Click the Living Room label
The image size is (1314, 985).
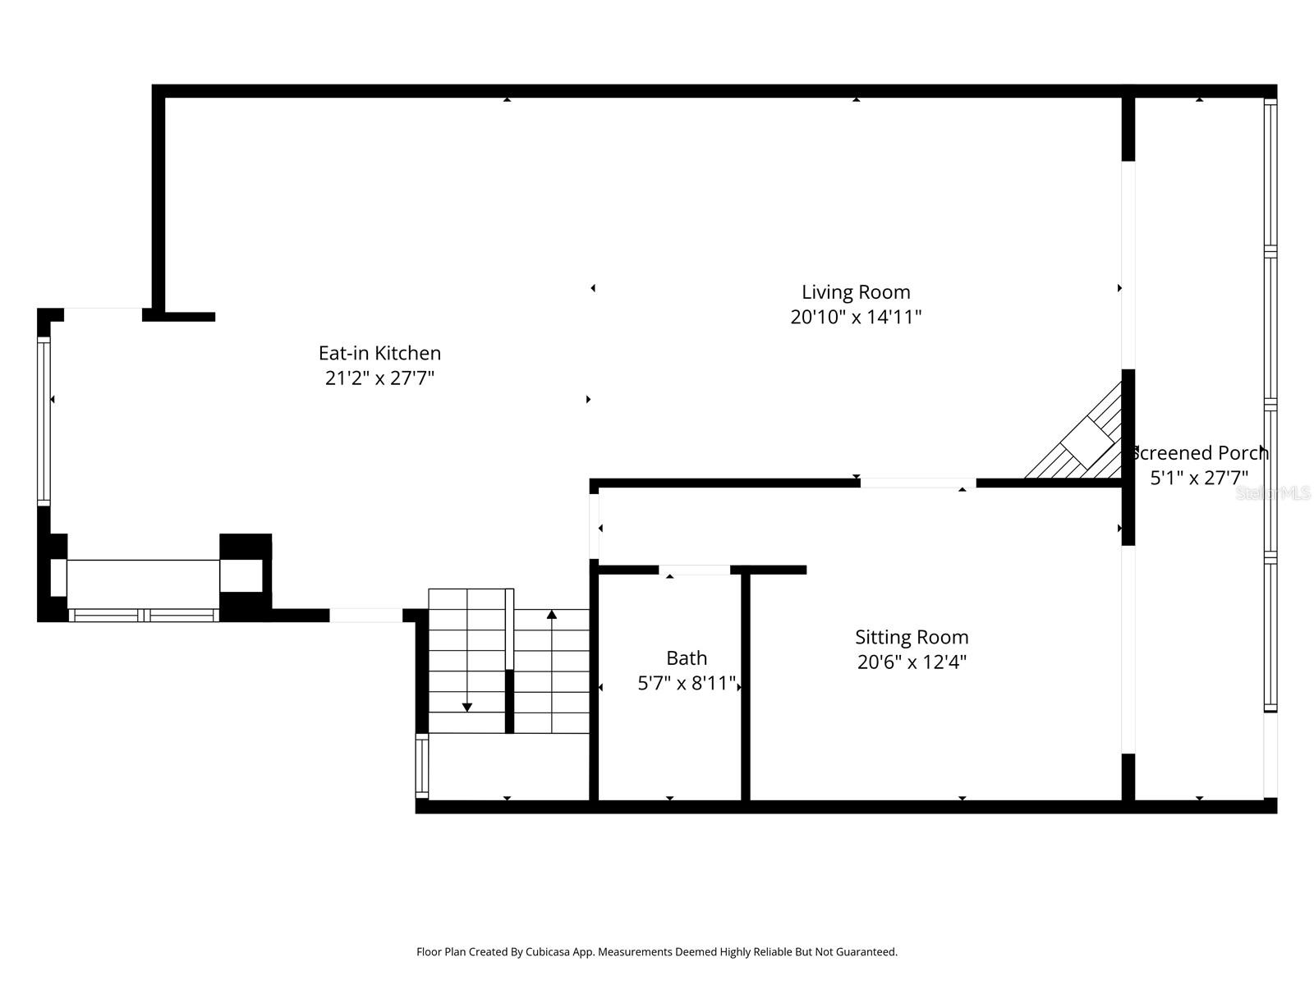pos(856,292)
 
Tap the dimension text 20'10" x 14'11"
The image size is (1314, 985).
pos(856,318)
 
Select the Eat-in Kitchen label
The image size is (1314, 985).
pos(379,353)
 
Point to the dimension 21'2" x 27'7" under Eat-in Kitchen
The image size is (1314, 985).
pos(379,378)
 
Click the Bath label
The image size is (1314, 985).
pos(687,658)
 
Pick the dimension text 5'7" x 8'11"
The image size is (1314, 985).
pos(687,684)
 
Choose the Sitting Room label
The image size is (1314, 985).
pos(912,637)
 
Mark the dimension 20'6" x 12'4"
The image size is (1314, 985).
pos(912,662)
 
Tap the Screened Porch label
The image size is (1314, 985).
pos(1199,453)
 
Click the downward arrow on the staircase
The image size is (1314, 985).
pos(467,706)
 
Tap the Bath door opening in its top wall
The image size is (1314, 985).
pos(694,570)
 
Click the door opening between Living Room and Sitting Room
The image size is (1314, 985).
pos(917,483)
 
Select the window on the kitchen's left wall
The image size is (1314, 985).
pos(44,420)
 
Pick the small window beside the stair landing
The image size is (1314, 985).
pos(422,766)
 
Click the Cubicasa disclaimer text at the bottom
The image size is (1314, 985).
pos(657,952)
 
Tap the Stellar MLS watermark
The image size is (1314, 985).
pos(1273,493)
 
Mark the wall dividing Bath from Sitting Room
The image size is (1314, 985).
pos(746,686)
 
